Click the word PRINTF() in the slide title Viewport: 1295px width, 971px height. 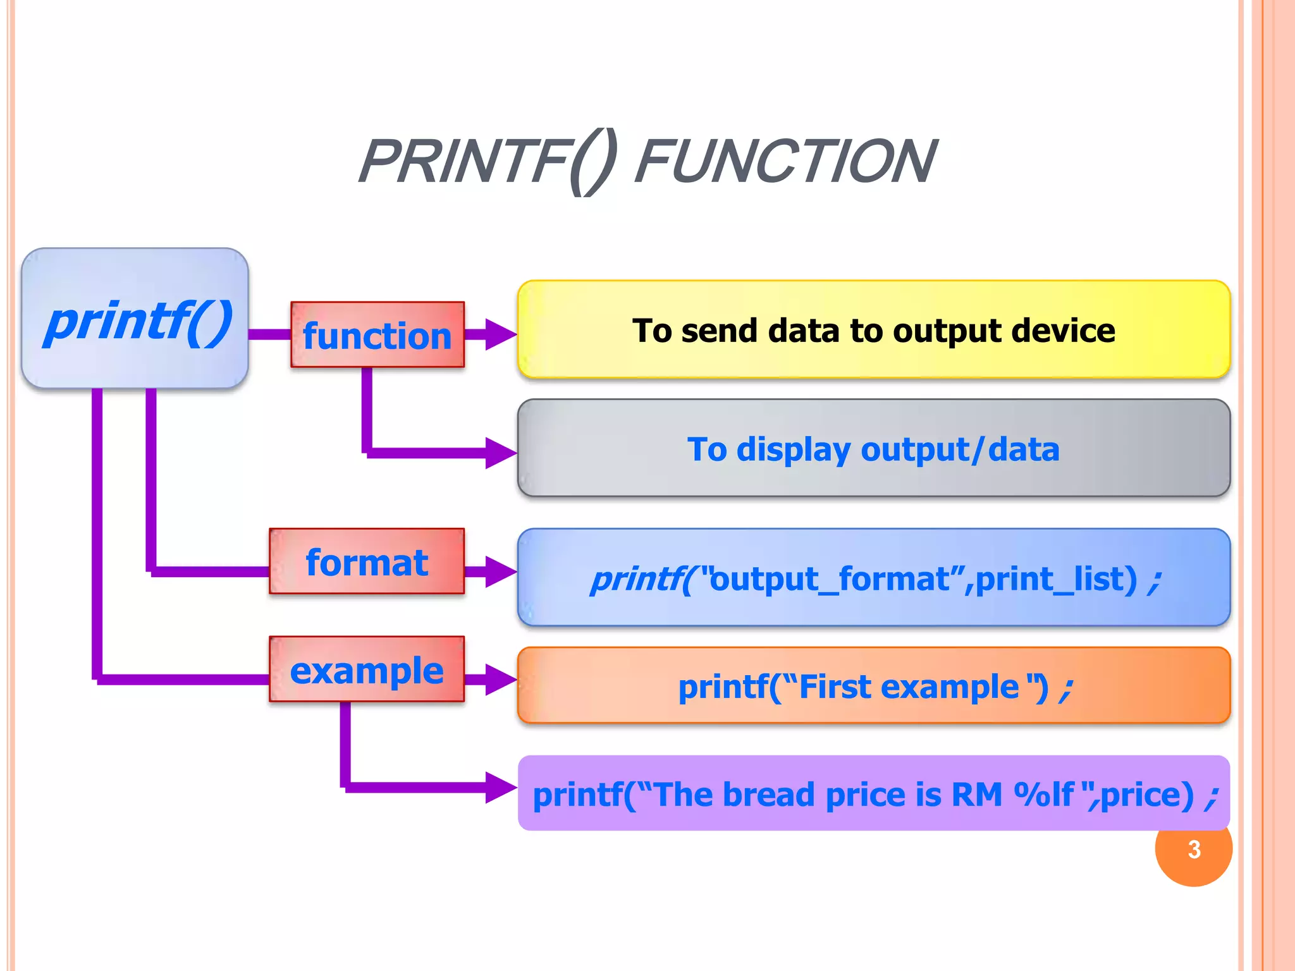pyautogui.click(x=487, y=162)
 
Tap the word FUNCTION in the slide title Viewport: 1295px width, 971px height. pyautogui.click(x=785, y=162)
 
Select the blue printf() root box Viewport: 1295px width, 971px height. pyautogui.click(x=135, y=318)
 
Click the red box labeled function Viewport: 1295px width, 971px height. pyautogui.click(x=377, y=334)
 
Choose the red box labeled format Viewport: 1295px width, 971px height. pyautogui.click(x=367, y=561)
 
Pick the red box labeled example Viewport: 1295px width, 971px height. pyautogui.click(x=367, y=669)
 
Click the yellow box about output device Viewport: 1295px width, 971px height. pyautogui.click(x=874, y=330)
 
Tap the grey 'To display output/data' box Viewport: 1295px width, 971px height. pyautogui.click(x=874, y=448)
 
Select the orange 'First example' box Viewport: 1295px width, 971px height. pyautogui.click(x=874, y=686)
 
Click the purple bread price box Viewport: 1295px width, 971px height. pyautogui.click(x=874, y=794)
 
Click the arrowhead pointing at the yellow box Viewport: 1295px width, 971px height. pyautogui.click(x=501, y=334)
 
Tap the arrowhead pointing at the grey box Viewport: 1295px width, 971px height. pyautogui.click(x=501, y=453)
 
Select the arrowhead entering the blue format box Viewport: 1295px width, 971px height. pyautogui.click(x=501, y=571)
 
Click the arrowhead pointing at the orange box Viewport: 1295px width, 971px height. pyautogui.click(x=501, y=680)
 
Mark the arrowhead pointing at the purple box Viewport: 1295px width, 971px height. pyautogui.click(x=501, y=787)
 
